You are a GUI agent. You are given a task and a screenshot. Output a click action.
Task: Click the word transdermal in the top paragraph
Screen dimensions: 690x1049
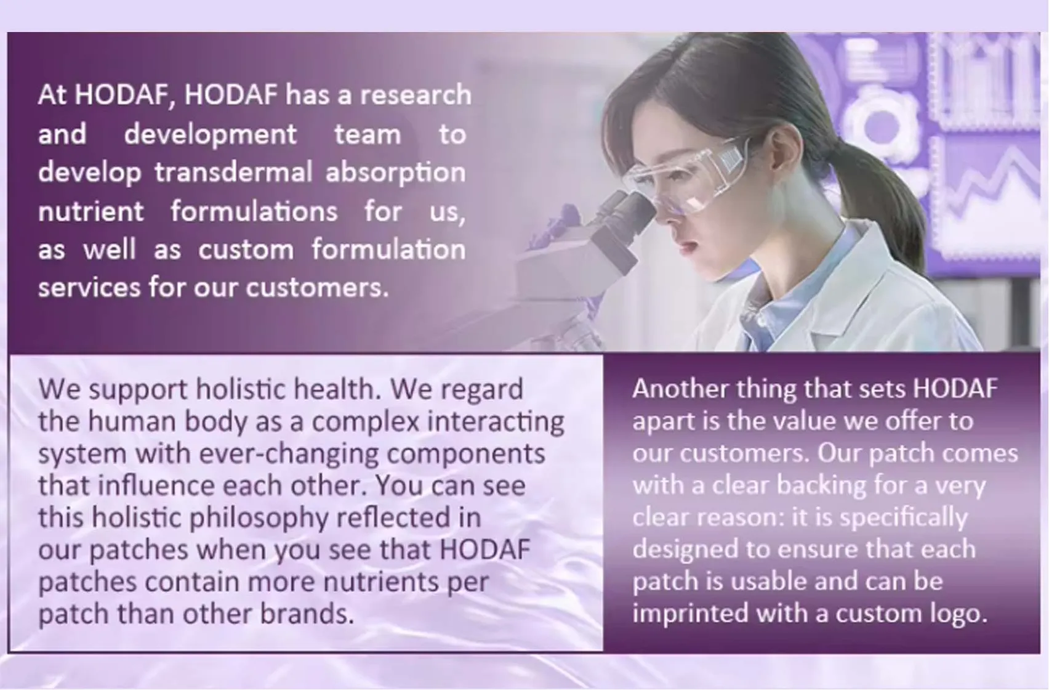[233, 172]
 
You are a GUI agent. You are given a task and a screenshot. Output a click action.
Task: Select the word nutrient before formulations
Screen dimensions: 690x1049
[90, 212]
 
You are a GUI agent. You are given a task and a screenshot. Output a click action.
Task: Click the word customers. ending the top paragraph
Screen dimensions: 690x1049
[317, 288]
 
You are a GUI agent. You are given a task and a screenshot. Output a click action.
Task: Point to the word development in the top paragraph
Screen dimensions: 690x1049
[210, 135]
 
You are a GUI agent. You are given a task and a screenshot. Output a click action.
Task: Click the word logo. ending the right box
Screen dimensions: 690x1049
[957, 614]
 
